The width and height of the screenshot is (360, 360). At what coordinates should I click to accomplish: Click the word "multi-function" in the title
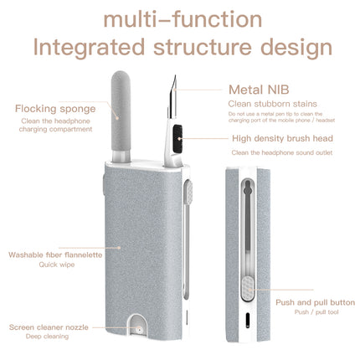point(179,18)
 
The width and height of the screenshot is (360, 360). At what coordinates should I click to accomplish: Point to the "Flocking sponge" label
point(66,108)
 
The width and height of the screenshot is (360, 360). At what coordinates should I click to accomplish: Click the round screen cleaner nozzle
point(139,328)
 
